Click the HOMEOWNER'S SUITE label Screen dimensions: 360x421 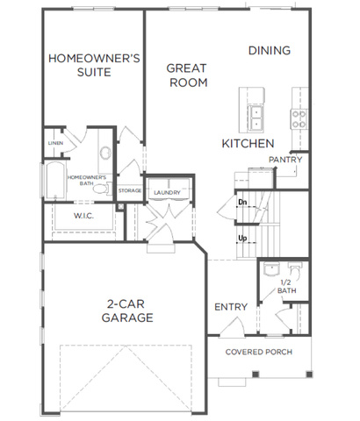click(94, 65)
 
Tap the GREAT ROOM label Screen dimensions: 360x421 click(187, 75)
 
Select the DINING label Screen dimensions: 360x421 click(270, 51)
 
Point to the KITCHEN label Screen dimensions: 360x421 click(248, 144)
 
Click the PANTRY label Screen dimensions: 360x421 click(285, 160)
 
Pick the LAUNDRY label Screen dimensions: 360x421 click(167, 193)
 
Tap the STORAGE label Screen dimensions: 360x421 click(130, 190)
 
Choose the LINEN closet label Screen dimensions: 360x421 click(55, 143)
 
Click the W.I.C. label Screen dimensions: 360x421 click(83, 216)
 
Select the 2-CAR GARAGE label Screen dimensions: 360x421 click(127, 310)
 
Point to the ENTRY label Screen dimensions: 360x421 click(231, 307)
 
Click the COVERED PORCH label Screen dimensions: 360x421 click(259, 352)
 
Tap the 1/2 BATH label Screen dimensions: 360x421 click(286, 287)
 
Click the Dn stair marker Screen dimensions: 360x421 click(242, 202)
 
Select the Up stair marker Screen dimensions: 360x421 click(242, 239)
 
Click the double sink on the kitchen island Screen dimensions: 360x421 click(256, 117)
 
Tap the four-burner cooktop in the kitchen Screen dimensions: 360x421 click(299, 119)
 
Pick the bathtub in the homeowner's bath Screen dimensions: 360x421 click(54, 181)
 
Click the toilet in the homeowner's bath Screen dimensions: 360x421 click(102, 189)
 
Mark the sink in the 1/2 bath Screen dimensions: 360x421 click(271, 269)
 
